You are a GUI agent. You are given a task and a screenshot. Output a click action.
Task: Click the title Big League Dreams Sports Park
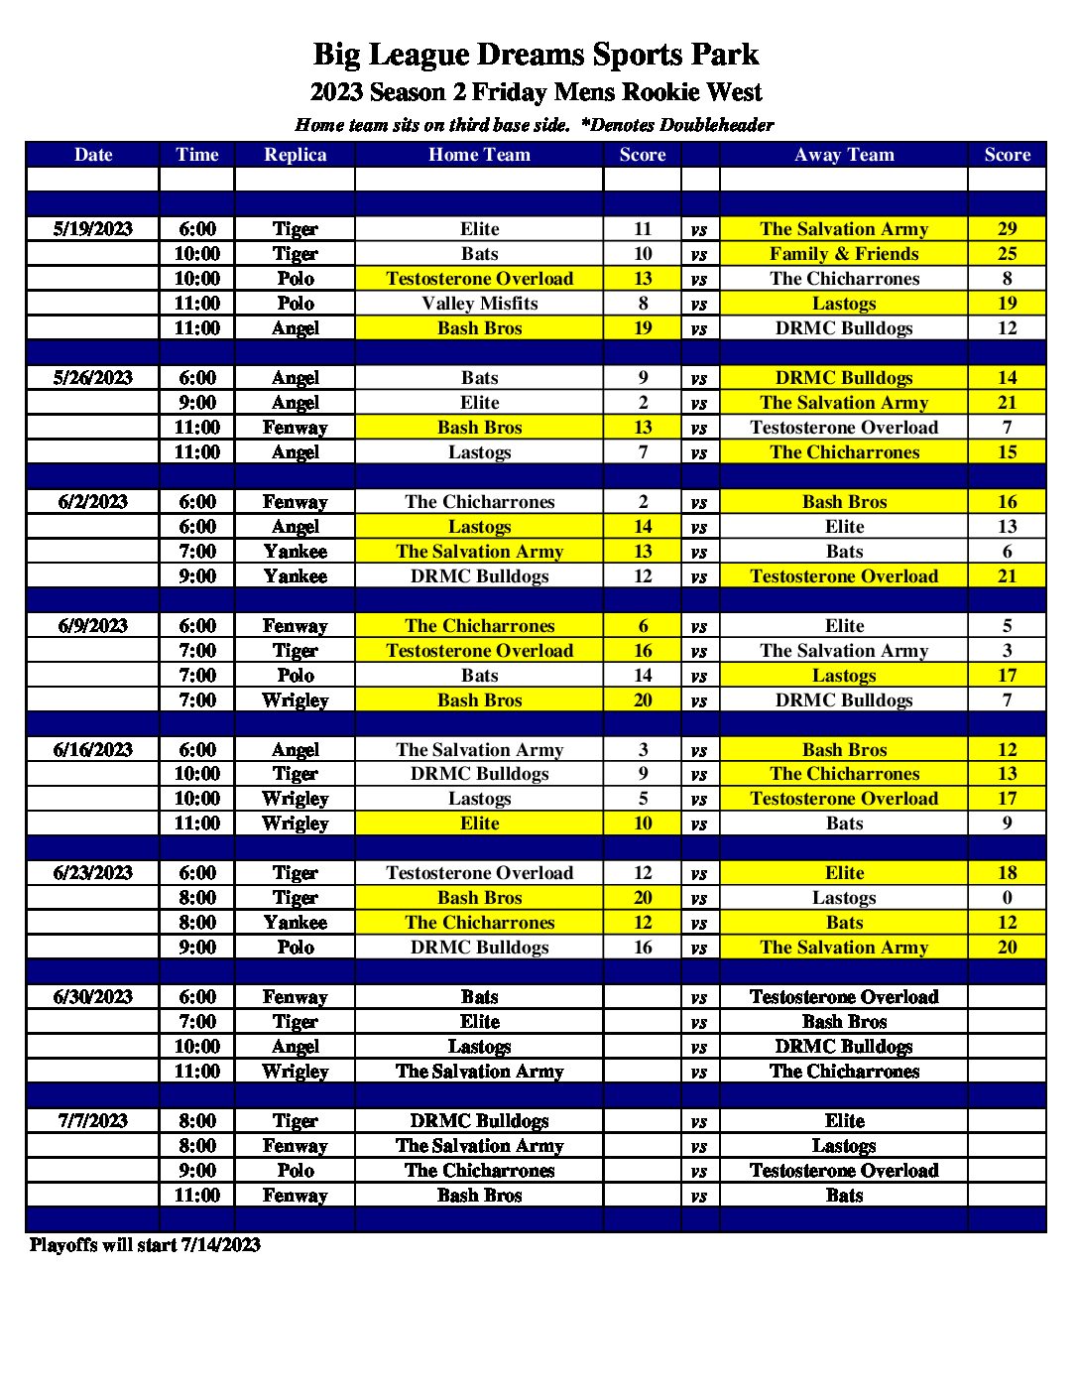click(x=536, y=55)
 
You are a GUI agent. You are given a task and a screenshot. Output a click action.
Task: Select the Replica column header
click(x=295, y=155)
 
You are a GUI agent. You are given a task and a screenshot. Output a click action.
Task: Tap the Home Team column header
click(x=479, y=155)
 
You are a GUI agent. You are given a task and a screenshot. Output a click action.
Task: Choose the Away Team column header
click(x=844, y=155)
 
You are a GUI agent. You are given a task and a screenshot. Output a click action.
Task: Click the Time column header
click(x=196, y=155)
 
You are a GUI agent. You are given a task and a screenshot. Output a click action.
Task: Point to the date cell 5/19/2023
click(x=93, y=229)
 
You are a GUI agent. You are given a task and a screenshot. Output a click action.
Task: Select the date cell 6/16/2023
click(x=93, y=750)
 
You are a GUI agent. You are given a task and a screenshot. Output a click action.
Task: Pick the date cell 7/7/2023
click(x=93, y=1121)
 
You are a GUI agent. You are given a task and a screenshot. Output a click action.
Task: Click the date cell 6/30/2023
click(x=93, y=997)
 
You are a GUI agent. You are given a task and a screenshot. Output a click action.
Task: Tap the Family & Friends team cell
click(x=844, y=254)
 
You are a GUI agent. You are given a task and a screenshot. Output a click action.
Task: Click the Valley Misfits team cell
click(x=479, y=304)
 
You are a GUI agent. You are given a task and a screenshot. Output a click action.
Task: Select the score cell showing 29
click(x=1007, y=229)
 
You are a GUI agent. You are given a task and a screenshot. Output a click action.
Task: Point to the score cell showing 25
click(x=1007, y=254)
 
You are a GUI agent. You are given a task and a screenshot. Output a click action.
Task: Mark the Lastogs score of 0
click(x=1007, y=898)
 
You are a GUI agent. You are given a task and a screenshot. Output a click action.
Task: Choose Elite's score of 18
click(x=1007, y=873)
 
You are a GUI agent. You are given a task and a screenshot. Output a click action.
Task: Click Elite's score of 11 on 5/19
click(x=643, y=229)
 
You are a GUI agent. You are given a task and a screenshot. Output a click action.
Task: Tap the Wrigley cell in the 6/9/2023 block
click(x=295, y=700)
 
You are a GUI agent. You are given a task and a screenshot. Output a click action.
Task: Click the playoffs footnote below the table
click(x=145, y=1245)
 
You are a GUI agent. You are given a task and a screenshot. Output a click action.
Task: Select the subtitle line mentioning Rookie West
click(x=536, y=92)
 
